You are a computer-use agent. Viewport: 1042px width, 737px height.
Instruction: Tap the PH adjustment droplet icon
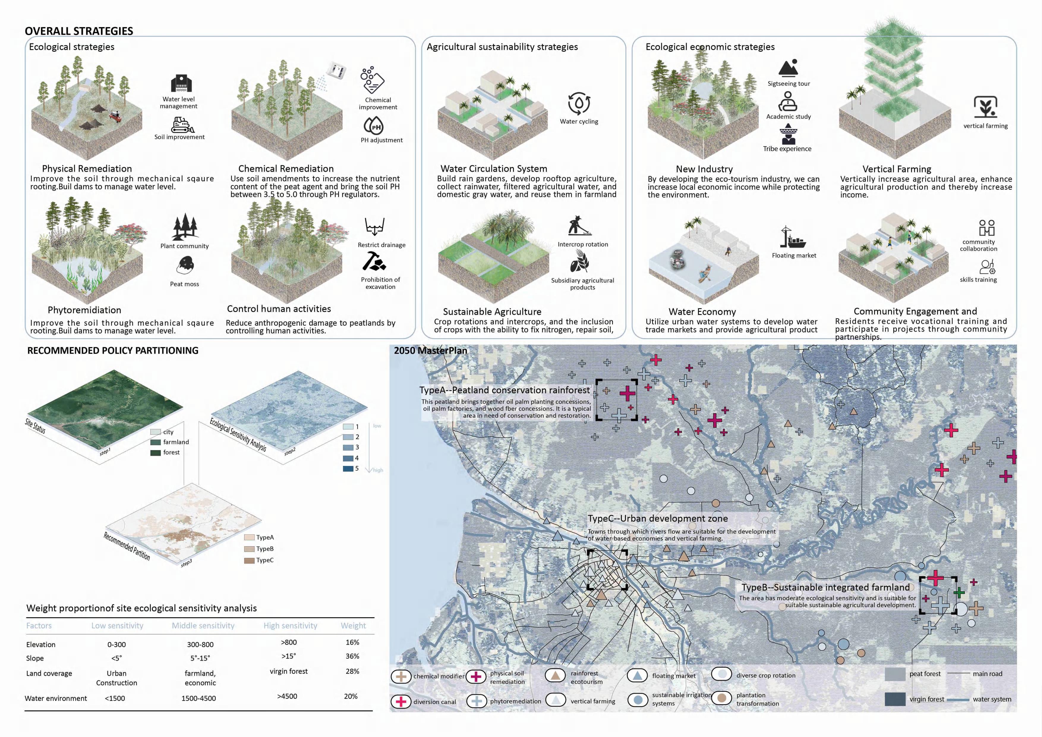(373, 126)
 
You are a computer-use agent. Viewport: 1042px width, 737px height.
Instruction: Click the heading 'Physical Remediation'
(87, 168)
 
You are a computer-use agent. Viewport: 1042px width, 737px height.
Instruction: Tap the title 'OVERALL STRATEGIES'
(79, 31)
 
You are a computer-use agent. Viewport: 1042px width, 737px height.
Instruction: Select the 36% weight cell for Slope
(352, 656)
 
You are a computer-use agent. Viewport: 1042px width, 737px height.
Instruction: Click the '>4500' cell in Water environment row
(287, 696)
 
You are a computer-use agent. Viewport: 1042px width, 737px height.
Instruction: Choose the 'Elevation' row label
(41, 644)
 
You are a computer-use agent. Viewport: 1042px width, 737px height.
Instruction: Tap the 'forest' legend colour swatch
(156, 453)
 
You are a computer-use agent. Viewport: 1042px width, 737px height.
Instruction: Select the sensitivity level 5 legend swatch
(348, 469)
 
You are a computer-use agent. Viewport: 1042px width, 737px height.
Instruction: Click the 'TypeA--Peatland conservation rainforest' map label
(504, 390)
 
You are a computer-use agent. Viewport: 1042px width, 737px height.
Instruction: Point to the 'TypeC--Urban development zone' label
(658, 518)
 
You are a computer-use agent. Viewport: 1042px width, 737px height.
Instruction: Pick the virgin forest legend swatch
(895, 699)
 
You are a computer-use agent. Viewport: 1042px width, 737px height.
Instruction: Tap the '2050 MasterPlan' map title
(430, 350)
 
